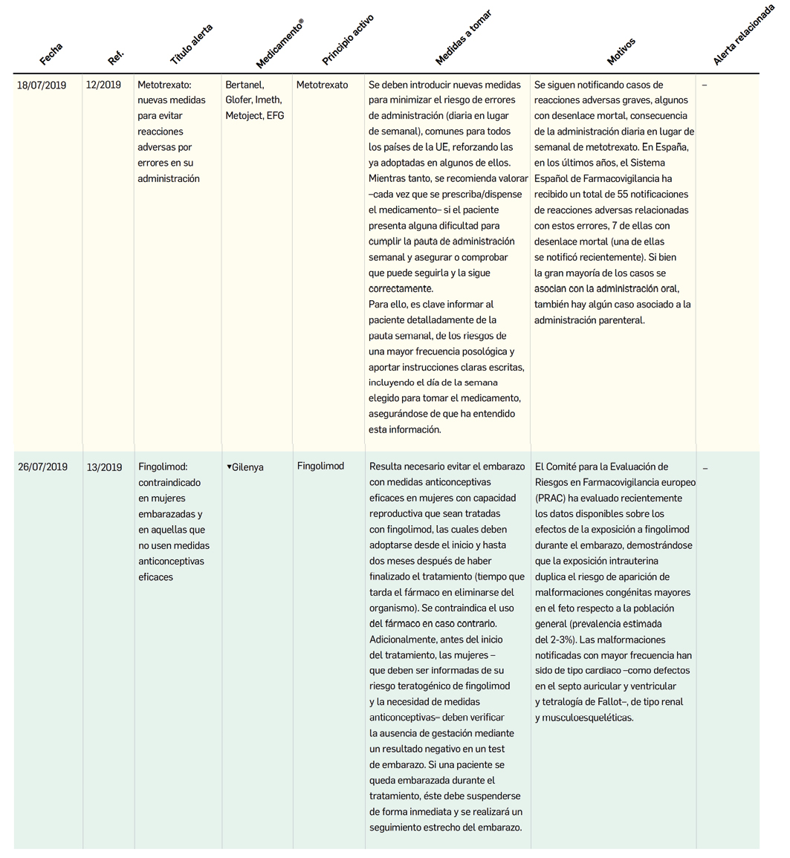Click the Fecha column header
(51, 54)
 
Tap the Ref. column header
(116, 56)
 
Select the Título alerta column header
(192, 44)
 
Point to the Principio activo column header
(348, 39)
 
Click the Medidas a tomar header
(463, 36)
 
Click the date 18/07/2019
(42, 85)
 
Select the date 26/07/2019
(42, 467)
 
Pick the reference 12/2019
(103, 85)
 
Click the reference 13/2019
(104, 467)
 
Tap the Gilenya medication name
(247, 467)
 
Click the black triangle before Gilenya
(229, 467)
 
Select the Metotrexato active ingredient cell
(322, 85)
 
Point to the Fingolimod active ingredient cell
(320, 466)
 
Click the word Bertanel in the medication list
(245, 85)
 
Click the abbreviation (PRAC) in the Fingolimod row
(549, 498)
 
